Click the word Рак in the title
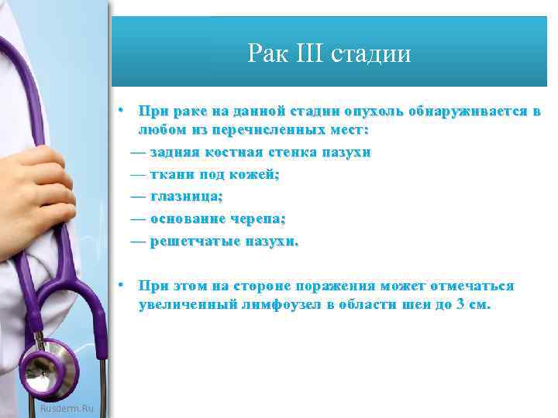tap(266, 53)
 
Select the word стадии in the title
tap(370, 53)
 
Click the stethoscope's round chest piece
tap(49, 370)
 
